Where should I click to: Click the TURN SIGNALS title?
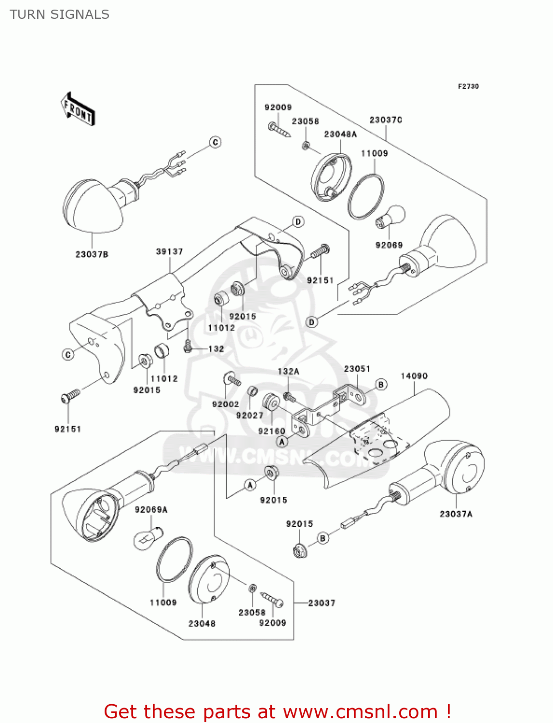[x=59, y=14]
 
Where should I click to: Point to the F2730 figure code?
[x=468, y=86]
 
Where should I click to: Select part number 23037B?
[x=92, y=254]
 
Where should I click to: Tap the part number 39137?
[x=170, y=252]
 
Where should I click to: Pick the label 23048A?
[x=340, y=134]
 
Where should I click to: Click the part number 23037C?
[x=386, y=120]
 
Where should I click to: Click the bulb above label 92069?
[x=391, y=217]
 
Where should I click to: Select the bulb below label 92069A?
[x=147, y=537]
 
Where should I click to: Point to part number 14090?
[x=414, y=376]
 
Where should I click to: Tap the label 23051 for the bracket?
[x=357, y=369]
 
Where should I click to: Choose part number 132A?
[x=288, y=371]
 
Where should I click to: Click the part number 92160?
[x=271, y=431]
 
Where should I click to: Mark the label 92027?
[x=250, y=415]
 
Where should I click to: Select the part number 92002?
[x=226, y=404]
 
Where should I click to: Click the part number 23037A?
[x=456, y=514]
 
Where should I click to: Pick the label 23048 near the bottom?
[x=202, y=624]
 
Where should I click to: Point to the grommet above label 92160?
[x=271, y=402]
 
